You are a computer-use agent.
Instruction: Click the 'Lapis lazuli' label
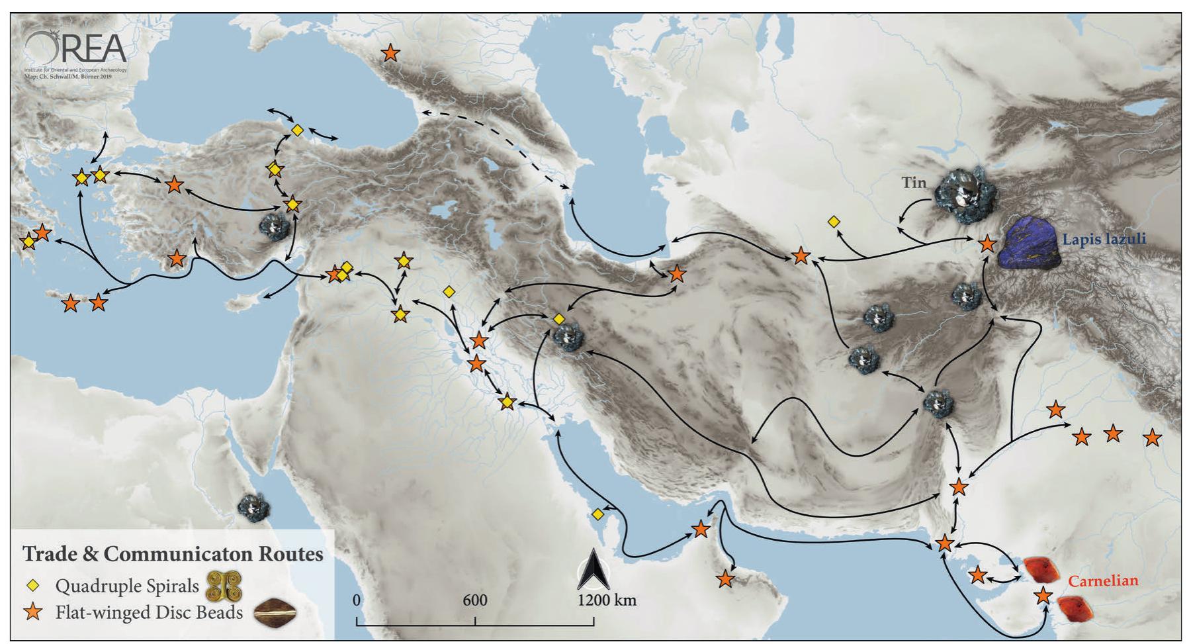click(1104, 239)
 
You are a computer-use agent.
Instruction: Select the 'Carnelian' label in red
click(1103, 580)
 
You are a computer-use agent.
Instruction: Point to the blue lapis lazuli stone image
click(1029, 242)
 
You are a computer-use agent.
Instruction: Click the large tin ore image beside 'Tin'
click(965, 194)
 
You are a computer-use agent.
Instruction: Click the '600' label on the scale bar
click(474, 600)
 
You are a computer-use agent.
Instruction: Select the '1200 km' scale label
click(607, 600)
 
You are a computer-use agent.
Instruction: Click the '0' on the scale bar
click(357, 600)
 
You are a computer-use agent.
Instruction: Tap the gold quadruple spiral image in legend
click(225, 586)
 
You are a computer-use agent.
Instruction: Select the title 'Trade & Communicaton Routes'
click(173, 553)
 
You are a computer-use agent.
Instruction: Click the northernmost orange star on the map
click(390, 53)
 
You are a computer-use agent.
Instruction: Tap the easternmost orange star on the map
click(1153, 437)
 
